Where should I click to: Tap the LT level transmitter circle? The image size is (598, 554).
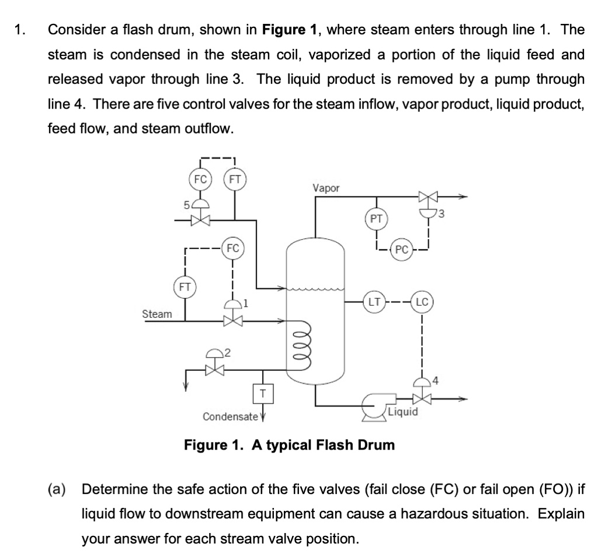click(374, 302)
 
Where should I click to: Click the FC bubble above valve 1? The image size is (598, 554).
click(232, 247)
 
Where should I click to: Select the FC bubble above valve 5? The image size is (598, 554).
click(201, 179)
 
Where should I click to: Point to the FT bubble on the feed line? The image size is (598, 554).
click(235, 179)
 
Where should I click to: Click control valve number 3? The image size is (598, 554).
click(422, 198)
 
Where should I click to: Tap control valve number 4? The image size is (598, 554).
click(422, 399)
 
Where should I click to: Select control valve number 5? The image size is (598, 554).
click(201, 220)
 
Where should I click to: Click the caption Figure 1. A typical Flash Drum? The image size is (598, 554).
click(290, 446)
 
